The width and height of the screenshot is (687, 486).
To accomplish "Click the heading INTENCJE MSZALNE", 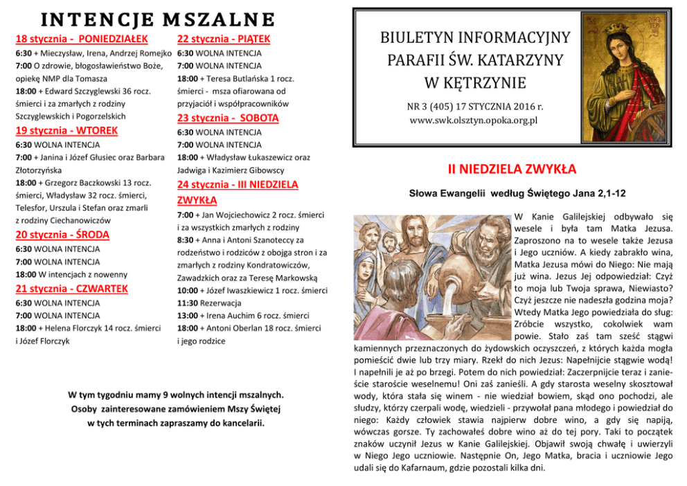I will pos(145,19).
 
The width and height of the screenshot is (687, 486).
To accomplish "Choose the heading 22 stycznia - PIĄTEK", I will pos(224,39).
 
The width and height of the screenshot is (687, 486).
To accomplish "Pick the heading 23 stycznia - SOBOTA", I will pos(228,118).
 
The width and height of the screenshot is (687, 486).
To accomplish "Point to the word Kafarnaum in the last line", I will pos(420,467).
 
